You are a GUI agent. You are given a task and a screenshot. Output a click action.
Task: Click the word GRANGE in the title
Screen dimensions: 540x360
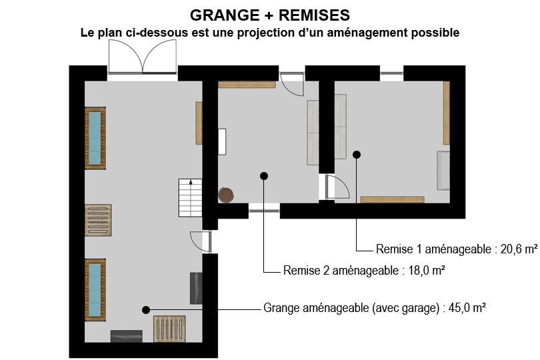tap(225, 15)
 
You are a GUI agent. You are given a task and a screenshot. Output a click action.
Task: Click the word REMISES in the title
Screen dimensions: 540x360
tap(314, 15)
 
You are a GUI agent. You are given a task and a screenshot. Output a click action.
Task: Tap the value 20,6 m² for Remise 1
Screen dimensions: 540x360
tap(519, 249)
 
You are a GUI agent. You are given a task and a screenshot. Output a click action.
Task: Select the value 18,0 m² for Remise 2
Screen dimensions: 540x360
tap(427, 271)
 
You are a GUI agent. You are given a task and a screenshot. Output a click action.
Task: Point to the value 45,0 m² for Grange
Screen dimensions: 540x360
tap(467, 307)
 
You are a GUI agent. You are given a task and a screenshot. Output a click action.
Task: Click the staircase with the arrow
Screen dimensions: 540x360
tap(190, 198)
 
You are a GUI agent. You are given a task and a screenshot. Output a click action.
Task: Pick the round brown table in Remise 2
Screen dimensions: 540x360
tap(226, 195)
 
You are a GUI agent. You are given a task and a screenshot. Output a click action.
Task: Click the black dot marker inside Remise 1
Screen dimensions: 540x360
tap(357, 155)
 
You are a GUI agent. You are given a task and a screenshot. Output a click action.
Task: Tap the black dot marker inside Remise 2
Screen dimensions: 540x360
tap(264, 176)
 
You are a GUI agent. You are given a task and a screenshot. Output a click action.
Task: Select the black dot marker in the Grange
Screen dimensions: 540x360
tap(146, 310)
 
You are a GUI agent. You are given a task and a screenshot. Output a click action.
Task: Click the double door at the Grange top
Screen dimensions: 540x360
tap(143, 57)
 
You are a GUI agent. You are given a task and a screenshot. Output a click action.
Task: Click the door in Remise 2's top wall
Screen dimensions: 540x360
tap(291, 84)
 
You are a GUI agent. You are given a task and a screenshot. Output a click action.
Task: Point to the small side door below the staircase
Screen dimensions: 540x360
tap(201, 241)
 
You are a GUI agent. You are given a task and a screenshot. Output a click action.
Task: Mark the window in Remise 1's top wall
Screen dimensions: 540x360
tap(391, 73)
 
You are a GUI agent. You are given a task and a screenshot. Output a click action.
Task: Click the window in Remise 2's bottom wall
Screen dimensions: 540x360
tap(264, 211)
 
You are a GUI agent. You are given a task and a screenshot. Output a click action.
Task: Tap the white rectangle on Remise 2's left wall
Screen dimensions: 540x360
tap(222, 141)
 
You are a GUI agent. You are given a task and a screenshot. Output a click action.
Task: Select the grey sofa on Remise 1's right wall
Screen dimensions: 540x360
tap(443, 170)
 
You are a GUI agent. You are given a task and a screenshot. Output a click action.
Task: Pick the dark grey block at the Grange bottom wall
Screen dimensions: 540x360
tap(127, 336)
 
